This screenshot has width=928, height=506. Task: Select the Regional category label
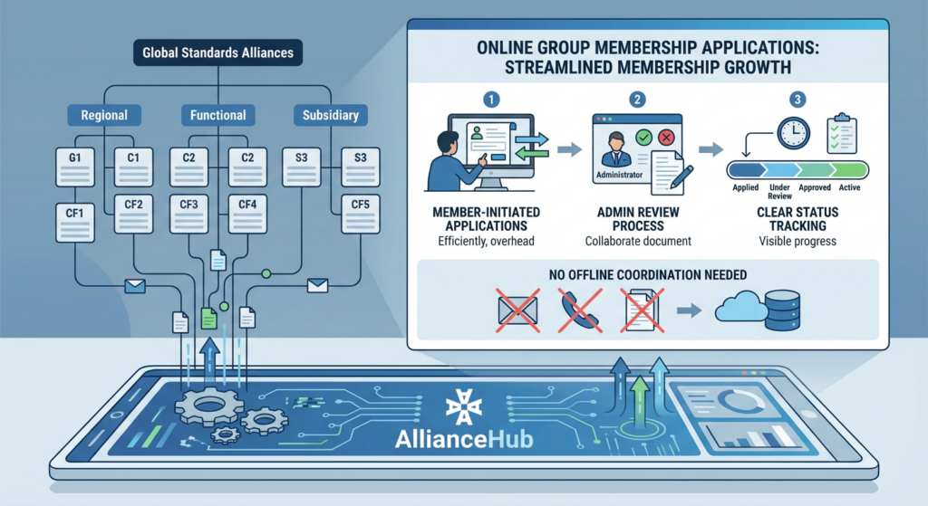[104, 115]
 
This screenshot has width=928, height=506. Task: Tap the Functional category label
[217, 115]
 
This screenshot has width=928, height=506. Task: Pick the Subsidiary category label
[331, 115]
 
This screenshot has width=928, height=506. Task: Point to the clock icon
[792, 133]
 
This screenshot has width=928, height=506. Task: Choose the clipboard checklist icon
[841, 135]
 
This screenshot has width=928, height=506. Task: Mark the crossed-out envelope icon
[517, 310]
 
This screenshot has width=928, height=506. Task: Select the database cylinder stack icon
[783, 310]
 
